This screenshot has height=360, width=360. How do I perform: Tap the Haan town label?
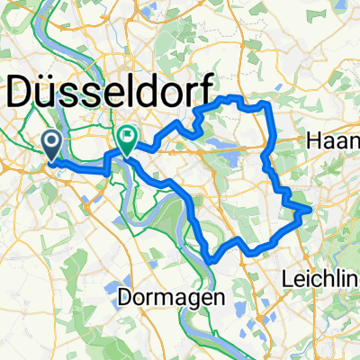332,139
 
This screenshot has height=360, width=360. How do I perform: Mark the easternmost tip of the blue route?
310,208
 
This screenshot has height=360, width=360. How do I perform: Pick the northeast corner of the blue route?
269,104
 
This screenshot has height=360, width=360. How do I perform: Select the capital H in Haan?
312,139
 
